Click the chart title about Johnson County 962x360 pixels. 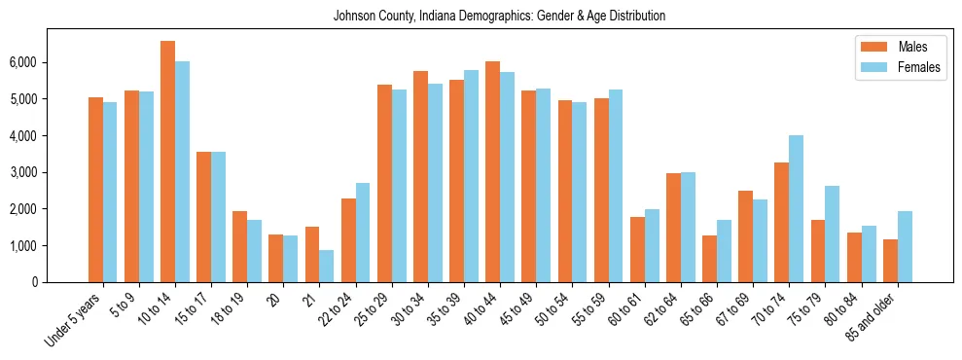click(499, 17)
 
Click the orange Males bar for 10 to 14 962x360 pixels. click(167, 162)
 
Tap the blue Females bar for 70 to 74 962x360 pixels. click(796, 208)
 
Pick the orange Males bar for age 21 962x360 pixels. click(312, 254)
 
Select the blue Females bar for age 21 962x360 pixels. click(327, 266)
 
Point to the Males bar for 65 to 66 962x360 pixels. click(709, 259)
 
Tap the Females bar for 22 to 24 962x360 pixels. click(363, 233)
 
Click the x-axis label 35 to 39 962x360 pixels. click(444, 308)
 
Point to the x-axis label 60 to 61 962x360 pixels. click(624, 308)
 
